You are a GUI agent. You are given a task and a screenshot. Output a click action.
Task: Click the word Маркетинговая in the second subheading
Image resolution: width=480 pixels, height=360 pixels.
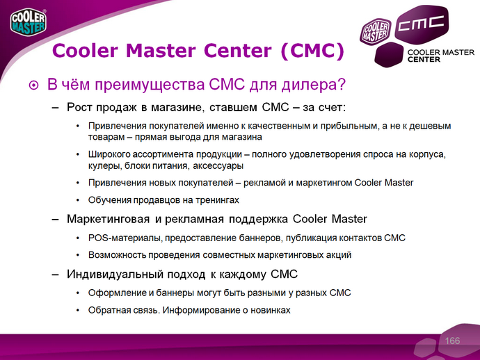click(x=108, y=220)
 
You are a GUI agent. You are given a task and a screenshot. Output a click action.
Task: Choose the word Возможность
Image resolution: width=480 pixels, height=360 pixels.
click(x=117, y=255)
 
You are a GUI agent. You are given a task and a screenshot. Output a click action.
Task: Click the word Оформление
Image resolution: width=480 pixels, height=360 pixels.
click(x=116, y=292)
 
